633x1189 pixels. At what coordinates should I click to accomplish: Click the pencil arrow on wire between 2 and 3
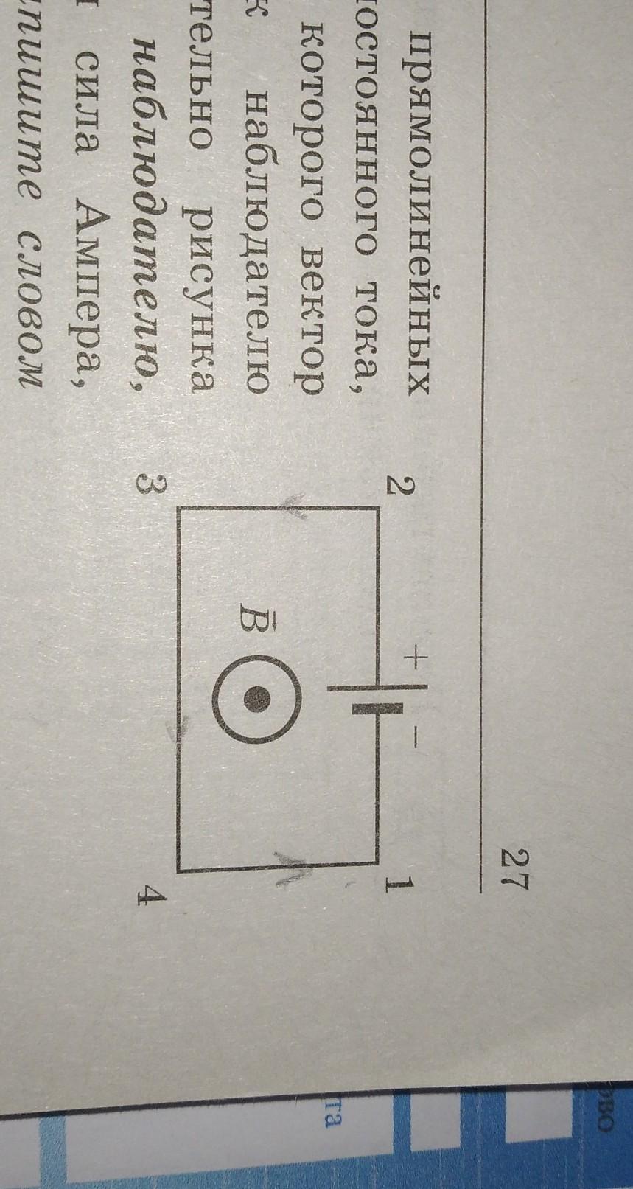point(293,508)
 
